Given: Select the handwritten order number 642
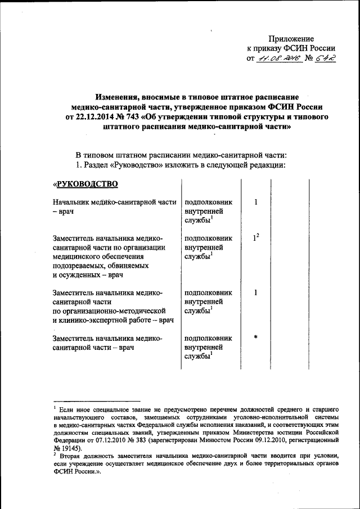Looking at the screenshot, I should (x=325, y=58).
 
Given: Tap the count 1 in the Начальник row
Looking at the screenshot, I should (x=255, y=201).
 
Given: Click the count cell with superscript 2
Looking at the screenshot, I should (x=255, y=238).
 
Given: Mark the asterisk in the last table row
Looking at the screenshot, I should (x=255, y=337).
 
